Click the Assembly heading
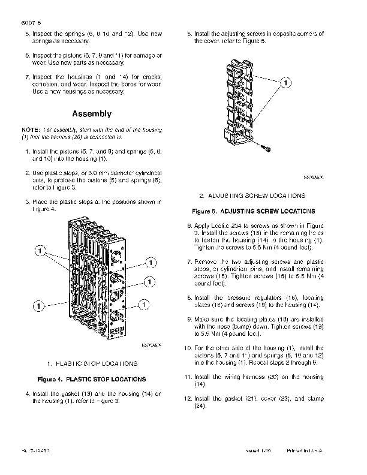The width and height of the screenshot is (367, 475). point(91,113)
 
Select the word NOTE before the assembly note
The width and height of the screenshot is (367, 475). point(30,130)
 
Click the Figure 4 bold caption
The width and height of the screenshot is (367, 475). point(91,379)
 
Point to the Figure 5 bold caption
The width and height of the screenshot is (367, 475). point(253,211)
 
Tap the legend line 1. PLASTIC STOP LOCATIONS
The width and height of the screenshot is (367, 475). point(92,363)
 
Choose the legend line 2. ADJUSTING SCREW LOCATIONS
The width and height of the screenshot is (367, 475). point(252,196)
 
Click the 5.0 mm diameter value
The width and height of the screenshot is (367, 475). point(97,173)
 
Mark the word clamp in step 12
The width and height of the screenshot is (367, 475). point(314,398)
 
